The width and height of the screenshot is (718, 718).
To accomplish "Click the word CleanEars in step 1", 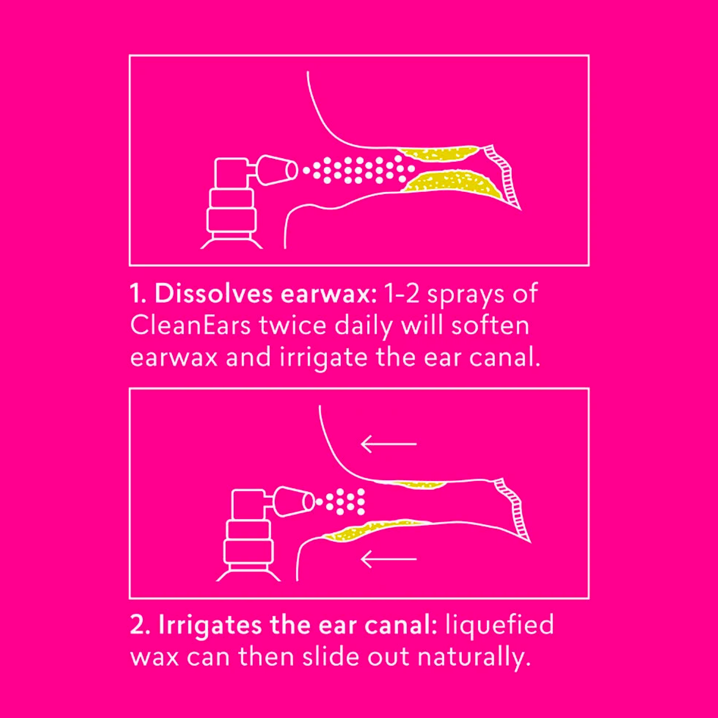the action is (x=190, y=325).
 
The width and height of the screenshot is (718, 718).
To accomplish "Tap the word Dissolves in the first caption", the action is (x=214, y=294).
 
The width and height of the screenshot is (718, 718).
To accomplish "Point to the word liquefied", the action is (x=500, y=625).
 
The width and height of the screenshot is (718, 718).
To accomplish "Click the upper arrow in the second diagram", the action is (x=389, y=444).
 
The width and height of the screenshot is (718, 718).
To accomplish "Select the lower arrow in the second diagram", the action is (x=389, y=559).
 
